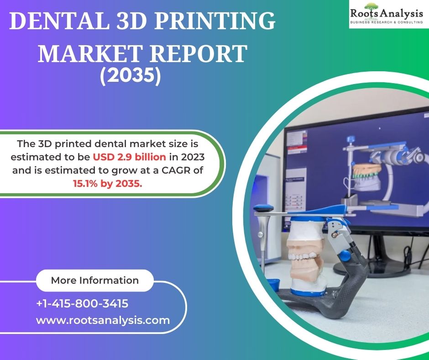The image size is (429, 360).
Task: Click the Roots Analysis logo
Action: point(388,14)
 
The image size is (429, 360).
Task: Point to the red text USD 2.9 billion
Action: point(130,157)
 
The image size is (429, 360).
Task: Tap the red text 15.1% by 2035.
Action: point(108,183)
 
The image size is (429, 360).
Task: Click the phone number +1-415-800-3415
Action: point(82,303)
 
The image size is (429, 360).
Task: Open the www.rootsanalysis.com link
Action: point(103,320)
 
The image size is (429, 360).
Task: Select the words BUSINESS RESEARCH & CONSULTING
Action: point(387,22)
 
